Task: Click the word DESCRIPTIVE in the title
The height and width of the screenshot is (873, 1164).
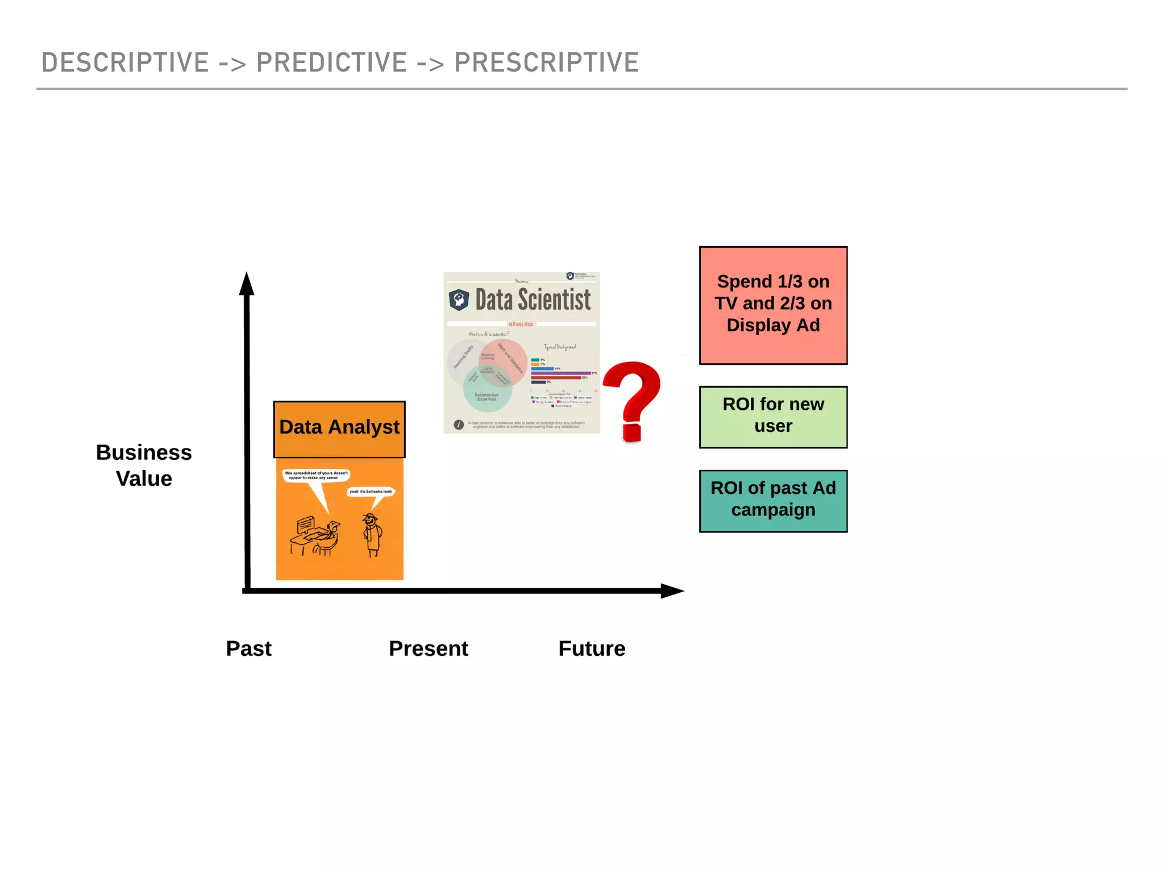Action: pyautogui.click(x=125, y=63)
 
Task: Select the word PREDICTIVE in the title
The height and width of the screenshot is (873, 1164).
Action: pyautogui.click(x=331, y=63)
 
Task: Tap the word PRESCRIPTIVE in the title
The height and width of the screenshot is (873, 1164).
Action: pyautogui.click(x=546, y=63)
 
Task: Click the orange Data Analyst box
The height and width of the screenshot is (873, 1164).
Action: pyautogui.click(x=339, y=429)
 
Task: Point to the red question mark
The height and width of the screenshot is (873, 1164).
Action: pyautogui.click(x=633, y=398)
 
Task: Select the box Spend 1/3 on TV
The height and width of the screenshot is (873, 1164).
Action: pyautogui.click(x=773, y=305)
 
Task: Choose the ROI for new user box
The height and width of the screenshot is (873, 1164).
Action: pyautogui.click(x=773, y=417)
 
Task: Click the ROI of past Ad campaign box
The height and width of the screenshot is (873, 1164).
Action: pyautogui.click(x=773, y=501)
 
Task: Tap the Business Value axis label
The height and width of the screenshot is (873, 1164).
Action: pyautogui.click(x=144, y=465)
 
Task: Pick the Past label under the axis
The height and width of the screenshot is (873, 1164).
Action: pyautogui.click(x=248, y=648)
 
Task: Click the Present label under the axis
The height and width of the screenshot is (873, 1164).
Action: pyautogui.click(x=428, y=648)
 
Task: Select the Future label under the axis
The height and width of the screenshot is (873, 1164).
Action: pyautogui.click(x=592, y=648)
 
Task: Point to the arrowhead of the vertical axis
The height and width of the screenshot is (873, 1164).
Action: pyautogui.click(x=247, y=284)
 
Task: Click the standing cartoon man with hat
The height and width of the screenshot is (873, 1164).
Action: pyautogui.click(x=372, y=534)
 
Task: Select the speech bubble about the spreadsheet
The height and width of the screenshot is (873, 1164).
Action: pyautogui.click(x=316, y=475)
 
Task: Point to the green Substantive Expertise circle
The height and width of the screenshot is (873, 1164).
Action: pyautogui.click(x=487, y=392)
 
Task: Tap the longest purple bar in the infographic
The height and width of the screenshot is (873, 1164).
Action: pyautogui.click(x=560, y=373)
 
